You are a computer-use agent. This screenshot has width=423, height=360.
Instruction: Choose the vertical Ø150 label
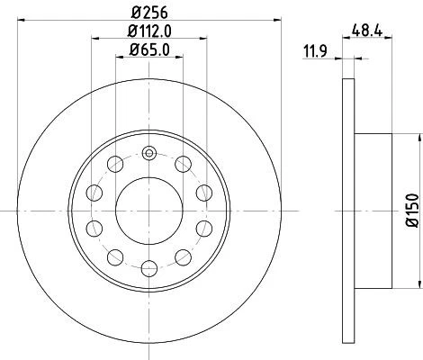[x=412, y=208]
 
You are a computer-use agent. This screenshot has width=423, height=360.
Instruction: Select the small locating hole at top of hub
[x=148, y=152]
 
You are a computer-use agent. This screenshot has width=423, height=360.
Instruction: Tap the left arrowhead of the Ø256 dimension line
[x=20, y=21]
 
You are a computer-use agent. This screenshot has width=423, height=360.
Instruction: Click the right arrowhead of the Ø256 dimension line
[x=276, y=21]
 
